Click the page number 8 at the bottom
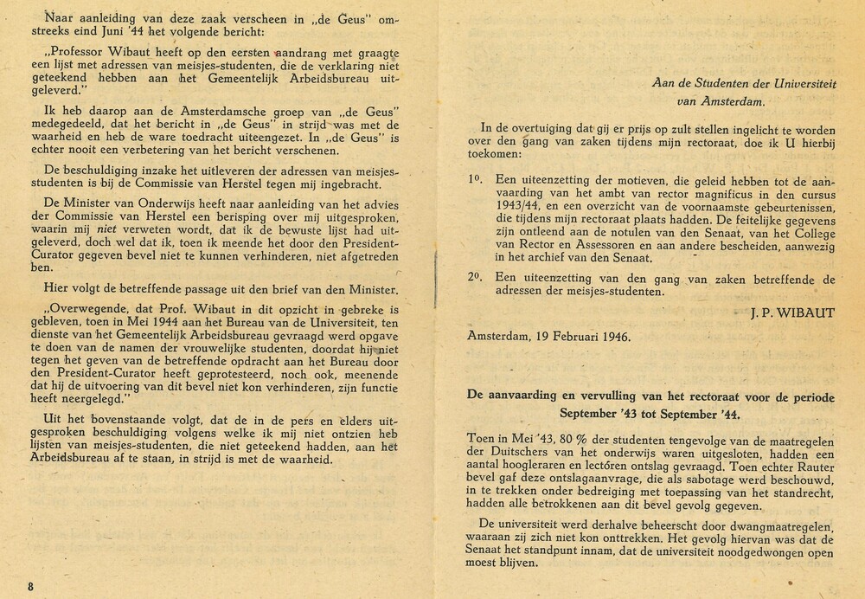pyautogui.click(x=30, y=586)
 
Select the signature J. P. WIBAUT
pyautogui.click(x=793, y=312)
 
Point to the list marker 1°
pyautogui.click(x=475, y=177)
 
